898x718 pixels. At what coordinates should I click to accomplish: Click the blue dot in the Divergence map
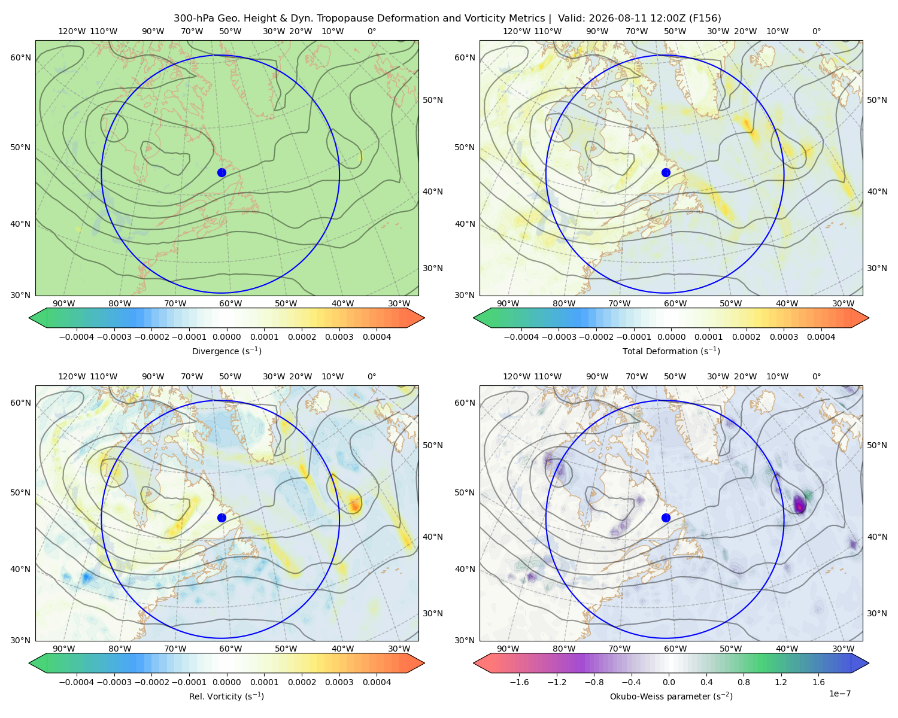[x=222, y=173]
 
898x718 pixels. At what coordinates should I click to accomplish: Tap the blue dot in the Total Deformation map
[x=666, y=173]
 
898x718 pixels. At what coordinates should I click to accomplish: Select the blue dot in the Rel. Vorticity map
[x=222, y=518]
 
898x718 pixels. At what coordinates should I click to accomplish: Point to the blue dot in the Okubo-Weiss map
[x=666, y=518]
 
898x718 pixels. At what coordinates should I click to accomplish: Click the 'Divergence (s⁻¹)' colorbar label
[x=226, y=351]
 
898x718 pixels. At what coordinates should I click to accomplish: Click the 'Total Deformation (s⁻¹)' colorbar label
[x=671, y=351]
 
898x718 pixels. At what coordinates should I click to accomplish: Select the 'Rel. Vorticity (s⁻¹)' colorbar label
[x=226, y=696]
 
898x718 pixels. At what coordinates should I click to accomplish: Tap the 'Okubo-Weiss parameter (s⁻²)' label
[x=671, y=696]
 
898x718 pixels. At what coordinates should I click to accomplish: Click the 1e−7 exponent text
[x=839, y=693]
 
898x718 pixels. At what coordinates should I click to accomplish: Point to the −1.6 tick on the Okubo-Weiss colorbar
[x=519, y=682]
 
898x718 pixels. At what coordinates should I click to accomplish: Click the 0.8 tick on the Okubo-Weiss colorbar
[x=744, y=682]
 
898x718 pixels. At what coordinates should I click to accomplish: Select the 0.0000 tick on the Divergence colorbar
[x=226, y=337]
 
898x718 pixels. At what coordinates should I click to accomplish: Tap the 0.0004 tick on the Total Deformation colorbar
[x=821, y=337]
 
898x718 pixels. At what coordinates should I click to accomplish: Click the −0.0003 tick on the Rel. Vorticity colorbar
[x=114, y=682]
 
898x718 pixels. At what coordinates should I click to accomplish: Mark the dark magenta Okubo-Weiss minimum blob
[x=799, y=504]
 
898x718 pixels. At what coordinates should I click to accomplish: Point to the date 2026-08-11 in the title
[x=613, y=19]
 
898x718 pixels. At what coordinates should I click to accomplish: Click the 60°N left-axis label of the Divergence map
[x=20, y=57]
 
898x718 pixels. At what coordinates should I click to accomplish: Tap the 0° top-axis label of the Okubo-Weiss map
[x=816, y=376]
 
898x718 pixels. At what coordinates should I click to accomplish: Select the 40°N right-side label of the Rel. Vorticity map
[x=433, y=537]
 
